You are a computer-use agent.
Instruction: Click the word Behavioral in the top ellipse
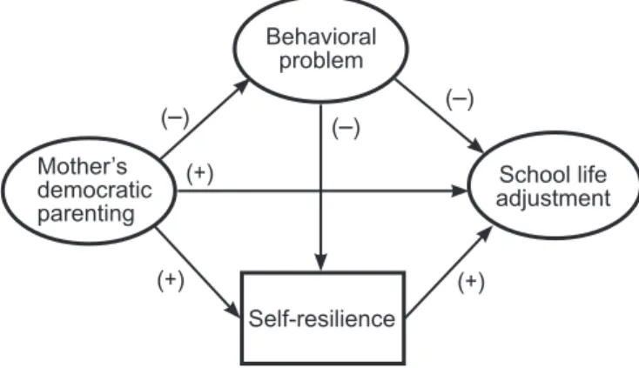click(x=321, y=37)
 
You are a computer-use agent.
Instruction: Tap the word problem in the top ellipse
click(x=321, y=61)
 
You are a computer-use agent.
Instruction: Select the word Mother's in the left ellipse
click(x=83, y=166)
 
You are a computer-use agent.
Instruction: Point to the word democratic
click(x=95, y=190)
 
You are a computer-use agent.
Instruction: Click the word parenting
click(x=86, y=214)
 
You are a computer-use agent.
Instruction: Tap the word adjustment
click(x=553, y=198)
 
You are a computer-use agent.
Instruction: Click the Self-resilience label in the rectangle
click(x=322, y=318)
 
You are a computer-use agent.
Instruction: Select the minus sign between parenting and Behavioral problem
click(x=175, y=118)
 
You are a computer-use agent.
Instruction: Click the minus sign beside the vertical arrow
click(x=346, y=128)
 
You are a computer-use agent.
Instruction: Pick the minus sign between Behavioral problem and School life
click(x=460, y=99)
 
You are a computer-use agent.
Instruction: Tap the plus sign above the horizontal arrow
click(x=199, y=173)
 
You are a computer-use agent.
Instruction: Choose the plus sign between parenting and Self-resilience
click(x=171, y=280)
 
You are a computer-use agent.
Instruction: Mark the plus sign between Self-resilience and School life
click(x=471, y=282)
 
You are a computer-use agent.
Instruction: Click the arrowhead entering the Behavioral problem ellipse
click(x=242, y=86)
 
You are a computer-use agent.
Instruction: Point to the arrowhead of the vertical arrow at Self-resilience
click(x=321, y=262)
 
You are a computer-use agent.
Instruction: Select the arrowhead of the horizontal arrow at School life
click(x=460, y=191)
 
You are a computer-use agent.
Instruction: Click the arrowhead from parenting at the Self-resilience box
click(x=233, y=310)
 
